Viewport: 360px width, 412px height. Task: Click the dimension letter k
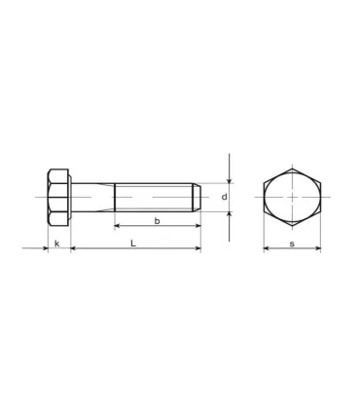click(x=57, y=243)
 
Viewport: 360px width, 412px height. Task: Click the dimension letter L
click(x=133, y=243)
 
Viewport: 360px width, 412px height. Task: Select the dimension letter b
click(x=157, y=221)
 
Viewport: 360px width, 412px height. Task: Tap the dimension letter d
click(x=223, y=197)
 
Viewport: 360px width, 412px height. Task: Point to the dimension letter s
click(x=292, y=243)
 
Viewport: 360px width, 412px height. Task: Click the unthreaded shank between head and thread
click(x=92, y=197)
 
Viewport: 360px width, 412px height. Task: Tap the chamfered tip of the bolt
click(x=198, y=197)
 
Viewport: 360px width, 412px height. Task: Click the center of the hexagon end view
click(x=293, y=197)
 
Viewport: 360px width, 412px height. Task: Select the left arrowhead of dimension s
click(x=267, y=249)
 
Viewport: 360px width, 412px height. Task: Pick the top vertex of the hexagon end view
click(x=293, y=168)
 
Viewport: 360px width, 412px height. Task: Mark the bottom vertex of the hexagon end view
click(x=293, y=226)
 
